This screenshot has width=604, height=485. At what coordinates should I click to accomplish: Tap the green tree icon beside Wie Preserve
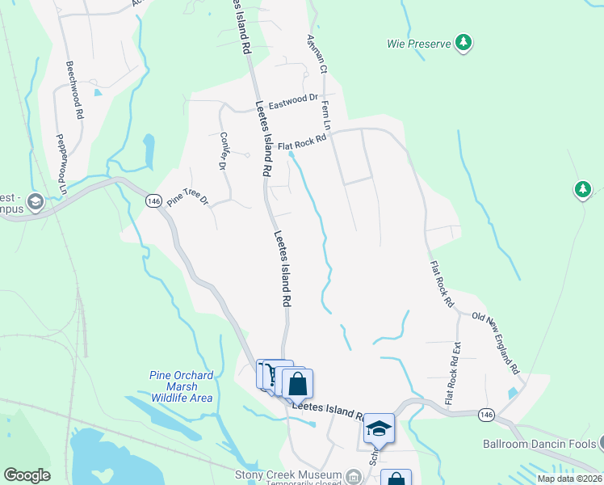463,42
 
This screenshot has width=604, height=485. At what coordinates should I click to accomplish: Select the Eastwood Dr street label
293,102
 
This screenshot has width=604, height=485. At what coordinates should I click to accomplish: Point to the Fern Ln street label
327,115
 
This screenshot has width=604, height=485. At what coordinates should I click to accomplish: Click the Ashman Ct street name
316,55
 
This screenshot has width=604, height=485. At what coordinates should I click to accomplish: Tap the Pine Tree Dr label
188,199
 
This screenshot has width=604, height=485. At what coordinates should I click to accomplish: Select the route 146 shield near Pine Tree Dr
153,200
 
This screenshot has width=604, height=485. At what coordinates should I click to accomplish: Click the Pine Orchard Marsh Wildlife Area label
182,386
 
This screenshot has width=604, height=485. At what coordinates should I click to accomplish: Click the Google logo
27,475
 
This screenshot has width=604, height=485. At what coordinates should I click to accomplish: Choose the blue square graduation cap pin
377,428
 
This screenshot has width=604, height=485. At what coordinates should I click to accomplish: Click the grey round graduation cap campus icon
35,200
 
